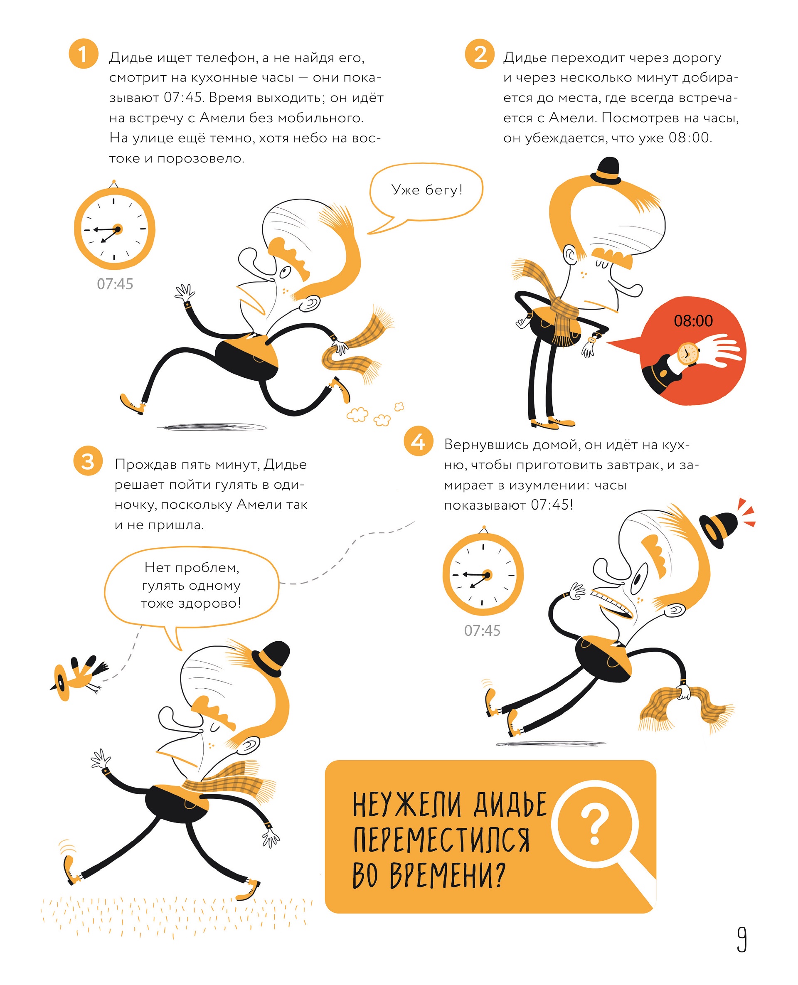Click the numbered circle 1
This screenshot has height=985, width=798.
coord(83,54)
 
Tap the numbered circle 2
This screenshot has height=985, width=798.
coord(480,54)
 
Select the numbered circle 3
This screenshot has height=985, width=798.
coord(88,460)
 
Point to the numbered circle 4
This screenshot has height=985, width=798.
coord(418,441)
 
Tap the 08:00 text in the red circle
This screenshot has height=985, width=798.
coord(693,320)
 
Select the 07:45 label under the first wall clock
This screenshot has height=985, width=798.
coord(115,284)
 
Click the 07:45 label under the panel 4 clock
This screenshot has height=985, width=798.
coord(482,630)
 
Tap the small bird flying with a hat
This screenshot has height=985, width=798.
coord(78,675)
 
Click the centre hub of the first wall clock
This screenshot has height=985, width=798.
coord(118,229)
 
